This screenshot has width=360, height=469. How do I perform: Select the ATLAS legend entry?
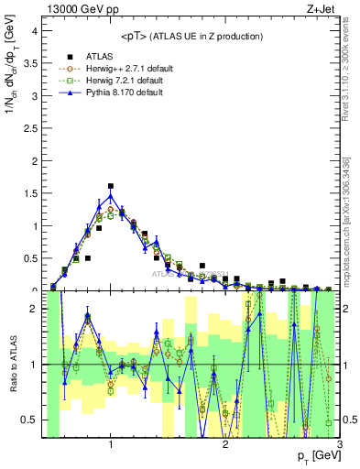coord(99,54)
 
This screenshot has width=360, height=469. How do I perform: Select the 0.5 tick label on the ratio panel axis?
coord(29,420)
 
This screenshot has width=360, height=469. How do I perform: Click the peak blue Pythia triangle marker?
coord(111,196)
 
